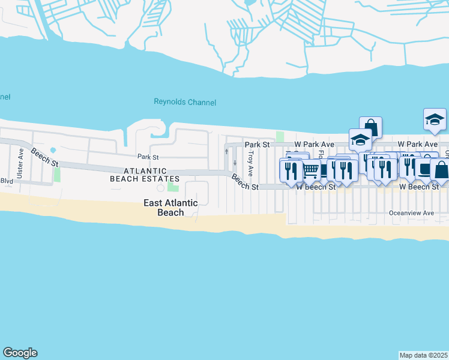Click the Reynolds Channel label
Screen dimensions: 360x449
click(x=185, y=103)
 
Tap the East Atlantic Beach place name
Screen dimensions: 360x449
click(x=170, y=208)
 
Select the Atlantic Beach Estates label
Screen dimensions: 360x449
click(x=145, y=175)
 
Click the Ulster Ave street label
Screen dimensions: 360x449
click(x=20, y=163)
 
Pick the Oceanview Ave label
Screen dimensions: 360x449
click(x=411, y=213)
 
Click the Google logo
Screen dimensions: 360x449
click(x=20, y=353)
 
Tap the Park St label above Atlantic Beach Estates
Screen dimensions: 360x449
click(x=147, y=157)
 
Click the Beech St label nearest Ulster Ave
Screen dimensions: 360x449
click(x=45, y=158)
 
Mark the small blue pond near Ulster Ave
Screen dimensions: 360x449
click(x=53, y=149)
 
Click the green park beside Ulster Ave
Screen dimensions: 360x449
click(x=57, y=175)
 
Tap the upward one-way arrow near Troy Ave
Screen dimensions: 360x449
click(x=226, y=151)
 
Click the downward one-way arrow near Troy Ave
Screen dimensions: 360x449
click(x=235, y=161)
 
